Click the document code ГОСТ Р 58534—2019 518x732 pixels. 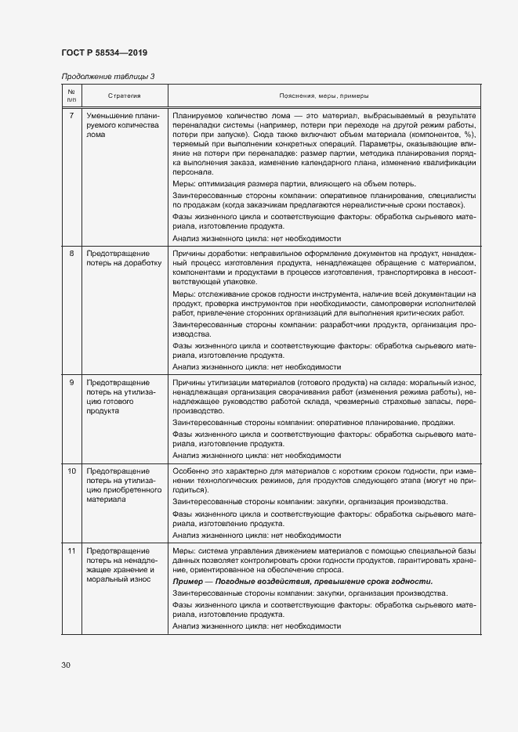103,52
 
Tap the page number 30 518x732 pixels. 66,665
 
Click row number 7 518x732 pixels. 71,116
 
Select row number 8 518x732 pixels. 71,254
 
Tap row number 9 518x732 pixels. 71,382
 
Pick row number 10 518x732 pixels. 71,471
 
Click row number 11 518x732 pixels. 71,551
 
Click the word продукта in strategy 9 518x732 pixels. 101,410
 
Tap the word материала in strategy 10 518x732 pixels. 106,499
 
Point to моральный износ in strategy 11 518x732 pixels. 114,579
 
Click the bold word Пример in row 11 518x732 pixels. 187,582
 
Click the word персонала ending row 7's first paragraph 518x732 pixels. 192,171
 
